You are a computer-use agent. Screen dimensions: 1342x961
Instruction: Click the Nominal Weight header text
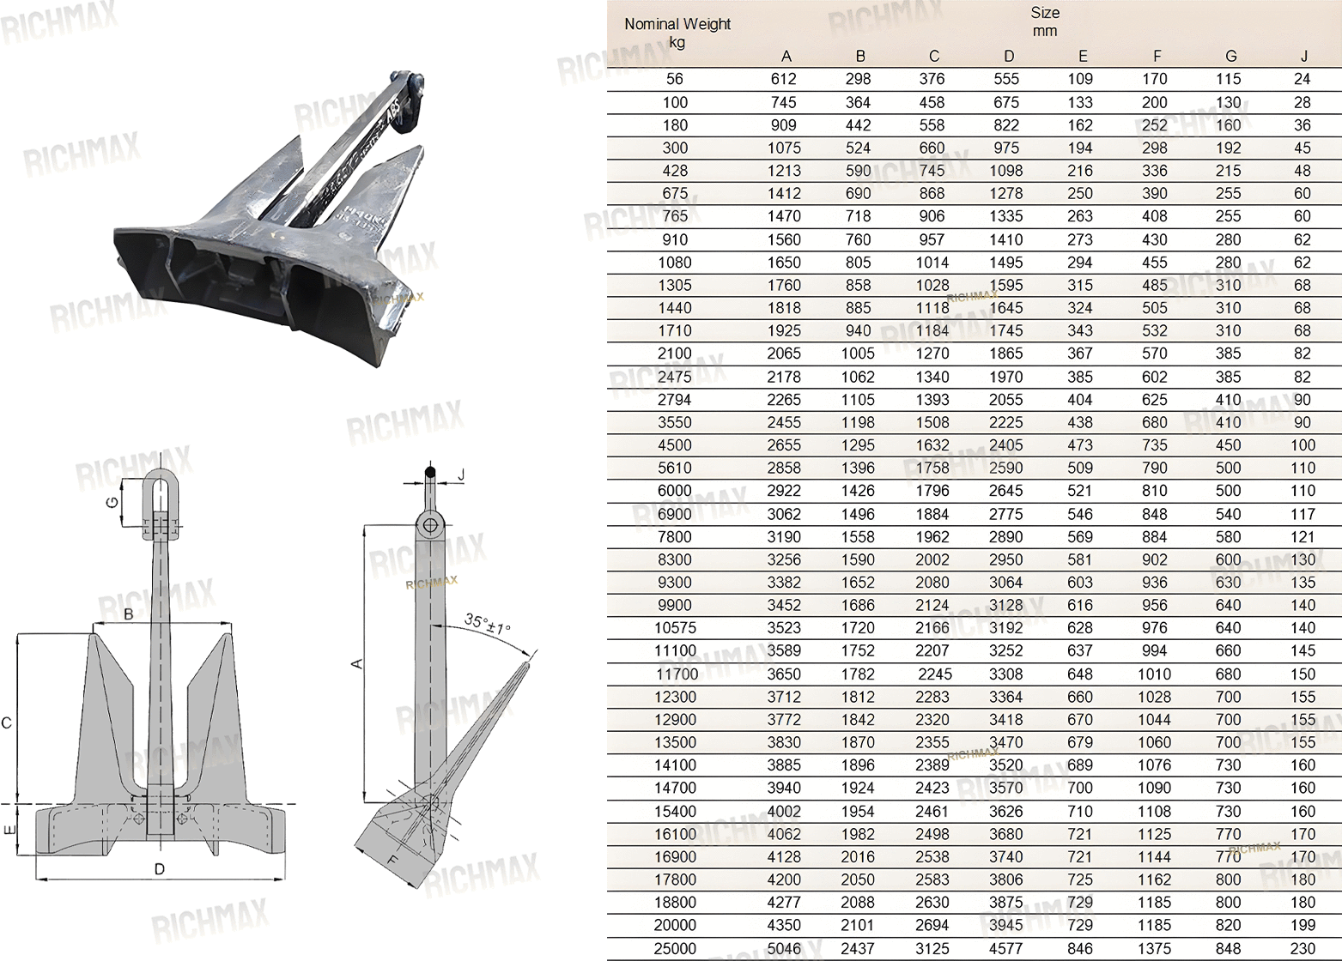click(677, 24)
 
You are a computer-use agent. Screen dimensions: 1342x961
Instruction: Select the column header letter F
click(1157, 57)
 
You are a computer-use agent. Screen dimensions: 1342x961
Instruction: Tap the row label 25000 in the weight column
click(675, 948)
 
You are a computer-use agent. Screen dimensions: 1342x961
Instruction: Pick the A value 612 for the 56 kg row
click(784, 79)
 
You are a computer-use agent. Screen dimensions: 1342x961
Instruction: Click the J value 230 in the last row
click(1303, 948)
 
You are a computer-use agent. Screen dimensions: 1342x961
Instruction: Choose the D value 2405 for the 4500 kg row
click(1006, 444)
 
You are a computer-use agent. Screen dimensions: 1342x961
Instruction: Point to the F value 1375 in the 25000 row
click(1155, 948)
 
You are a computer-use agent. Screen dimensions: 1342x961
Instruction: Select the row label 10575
click(675, 627)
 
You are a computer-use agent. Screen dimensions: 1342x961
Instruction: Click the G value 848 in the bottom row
click(1228, 948)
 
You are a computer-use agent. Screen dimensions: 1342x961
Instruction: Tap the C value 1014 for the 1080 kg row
click(932, 263)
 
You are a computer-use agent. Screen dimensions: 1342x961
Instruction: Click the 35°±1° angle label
click(488, 624)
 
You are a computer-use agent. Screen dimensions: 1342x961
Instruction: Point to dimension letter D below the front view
click(160, 869)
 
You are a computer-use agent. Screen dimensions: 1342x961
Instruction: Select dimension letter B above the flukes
click(128, 614)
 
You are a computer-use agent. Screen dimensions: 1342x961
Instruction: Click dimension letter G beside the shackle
click(112, 502)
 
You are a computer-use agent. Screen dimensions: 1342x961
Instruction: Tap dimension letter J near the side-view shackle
click(461, 475)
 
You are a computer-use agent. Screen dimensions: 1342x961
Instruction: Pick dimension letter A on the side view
click(356, 663)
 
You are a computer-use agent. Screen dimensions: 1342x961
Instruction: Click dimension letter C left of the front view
click(7, 723)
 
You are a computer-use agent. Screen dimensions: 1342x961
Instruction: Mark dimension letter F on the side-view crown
click(392, 861)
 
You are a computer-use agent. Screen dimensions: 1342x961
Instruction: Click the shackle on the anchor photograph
click(408, 99)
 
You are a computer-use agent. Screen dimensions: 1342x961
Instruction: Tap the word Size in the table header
click(1045, 13)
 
